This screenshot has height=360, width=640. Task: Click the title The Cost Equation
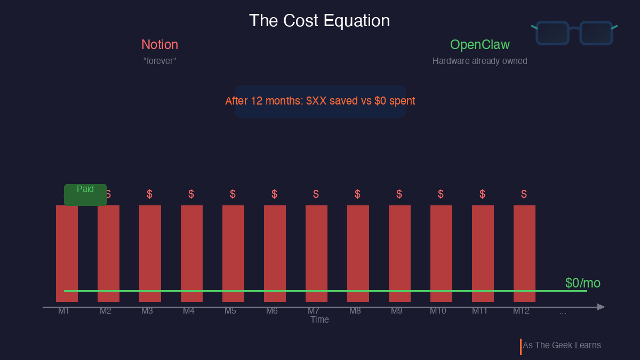tap(319, 21)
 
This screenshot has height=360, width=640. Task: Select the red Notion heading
tap(159, 45)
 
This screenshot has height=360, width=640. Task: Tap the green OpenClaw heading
tap(479, 45)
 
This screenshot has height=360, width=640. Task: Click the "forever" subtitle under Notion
tap(159, 61)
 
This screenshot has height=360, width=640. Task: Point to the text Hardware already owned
tap(479, 61)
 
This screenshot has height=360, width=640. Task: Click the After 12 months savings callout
tap(320, 101)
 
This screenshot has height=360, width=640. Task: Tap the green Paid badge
tap(85, 194)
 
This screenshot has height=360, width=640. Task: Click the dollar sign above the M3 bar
tap(149, 194)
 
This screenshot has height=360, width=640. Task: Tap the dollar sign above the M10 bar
tap(441, 194)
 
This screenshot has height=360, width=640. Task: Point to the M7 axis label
tap(314, 311)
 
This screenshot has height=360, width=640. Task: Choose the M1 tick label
tap(64, 311)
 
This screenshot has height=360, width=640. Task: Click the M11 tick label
tap(479, 311)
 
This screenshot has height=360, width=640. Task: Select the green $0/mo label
tap(582, 283)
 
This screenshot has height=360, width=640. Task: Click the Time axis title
tap(319, 319)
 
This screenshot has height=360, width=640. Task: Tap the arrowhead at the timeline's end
tap(601, 307)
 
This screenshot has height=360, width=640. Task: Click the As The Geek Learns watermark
tap(562, 346)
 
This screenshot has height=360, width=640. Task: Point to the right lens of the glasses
tap(596, 33)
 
